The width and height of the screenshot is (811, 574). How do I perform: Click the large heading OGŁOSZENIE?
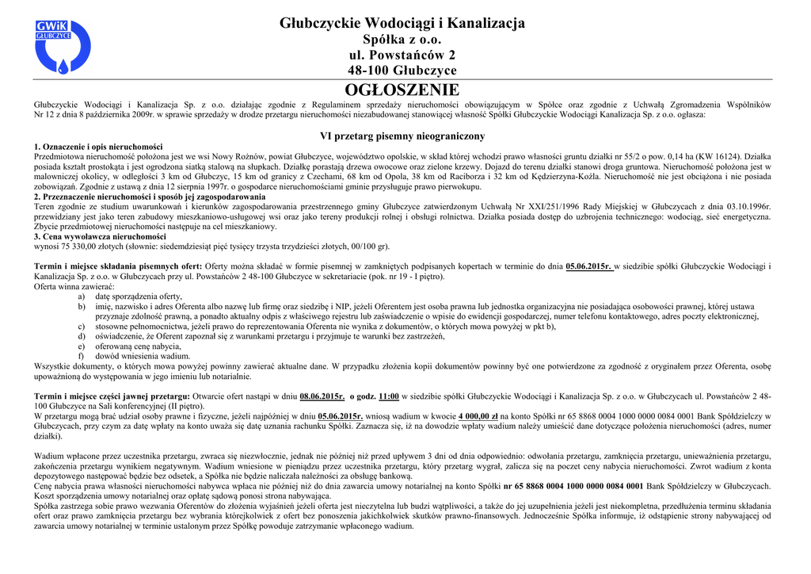click(402, 90)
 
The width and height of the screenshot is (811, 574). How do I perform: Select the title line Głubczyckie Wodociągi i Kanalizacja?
click(402, 24)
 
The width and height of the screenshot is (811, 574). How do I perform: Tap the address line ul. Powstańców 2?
click(402, 55)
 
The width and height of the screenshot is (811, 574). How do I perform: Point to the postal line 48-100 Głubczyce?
click(402, 71)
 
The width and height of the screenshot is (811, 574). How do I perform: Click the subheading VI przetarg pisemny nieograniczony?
click(402, 136)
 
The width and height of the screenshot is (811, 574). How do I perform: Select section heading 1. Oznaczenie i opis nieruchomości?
click(98, 147)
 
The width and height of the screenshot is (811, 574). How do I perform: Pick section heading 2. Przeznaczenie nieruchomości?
click(150, 197)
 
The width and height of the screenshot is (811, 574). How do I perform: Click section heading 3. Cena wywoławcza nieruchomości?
click(100, 236)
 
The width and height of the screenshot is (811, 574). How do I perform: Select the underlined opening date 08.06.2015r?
click(322, 396)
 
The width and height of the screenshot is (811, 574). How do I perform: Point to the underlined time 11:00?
click(389, 396)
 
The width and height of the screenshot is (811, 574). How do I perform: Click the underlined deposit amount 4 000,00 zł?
click(478, 415)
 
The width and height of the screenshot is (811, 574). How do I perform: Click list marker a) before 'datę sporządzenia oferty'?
click(82, 297)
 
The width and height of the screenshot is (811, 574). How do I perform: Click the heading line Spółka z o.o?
click(402, 40)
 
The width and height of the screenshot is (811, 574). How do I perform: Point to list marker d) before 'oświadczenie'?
click(82, 336)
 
